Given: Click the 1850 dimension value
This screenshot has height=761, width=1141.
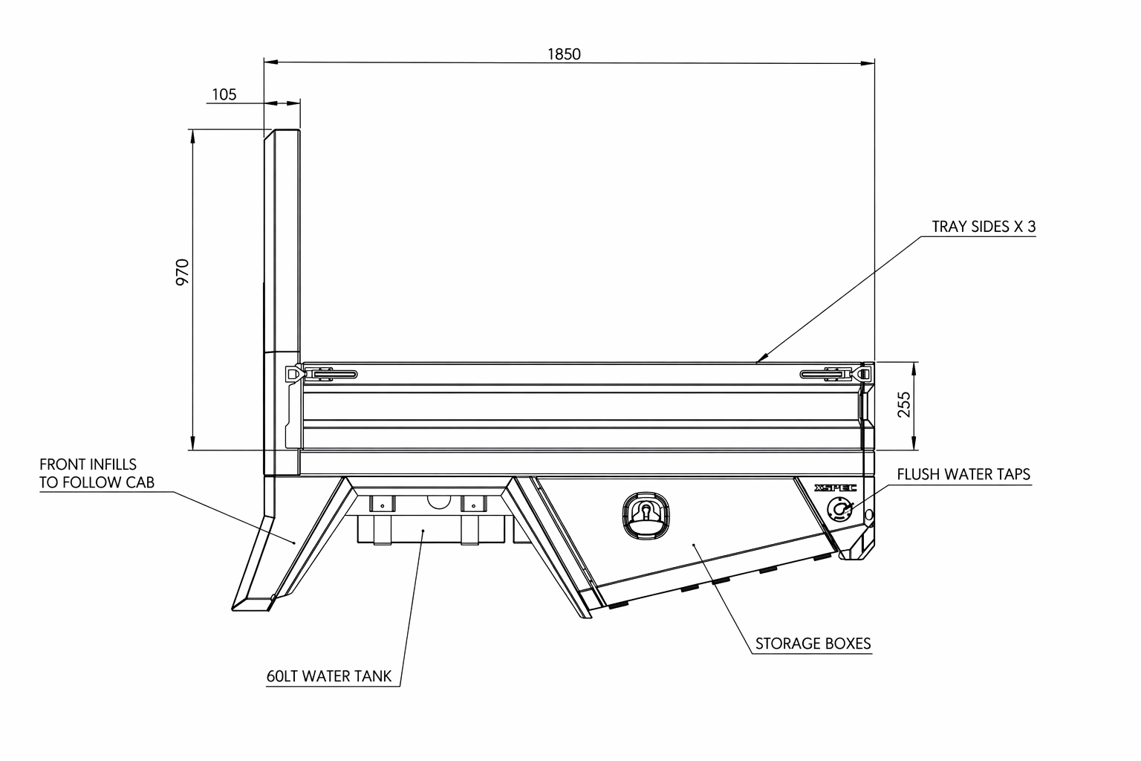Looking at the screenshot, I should [x=564, y=54].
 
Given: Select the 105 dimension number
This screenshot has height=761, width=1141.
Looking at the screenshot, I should [x=224, y=94].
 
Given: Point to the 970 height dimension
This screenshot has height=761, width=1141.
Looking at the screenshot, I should [x=183, y=272].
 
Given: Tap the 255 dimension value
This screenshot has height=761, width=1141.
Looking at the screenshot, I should [x=904, y=405].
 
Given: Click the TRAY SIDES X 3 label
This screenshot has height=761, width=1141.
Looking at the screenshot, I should [x=983, y=227].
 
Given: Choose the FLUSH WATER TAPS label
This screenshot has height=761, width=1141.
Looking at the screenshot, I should [x=963, y=474].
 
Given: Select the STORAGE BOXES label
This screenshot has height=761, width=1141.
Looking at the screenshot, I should [x=813, y=644].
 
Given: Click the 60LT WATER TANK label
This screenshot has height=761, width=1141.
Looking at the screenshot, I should [x=329, y=676].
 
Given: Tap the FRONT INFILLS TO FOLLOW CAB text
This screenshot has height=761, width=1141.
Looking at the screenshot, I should [x=97, y=473].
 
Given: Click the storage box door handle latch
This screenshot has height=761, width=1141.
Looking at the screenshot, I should [x=645, y=514].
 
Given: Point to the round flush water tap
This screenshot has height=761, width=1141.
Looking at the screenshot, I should [x=840, y=510].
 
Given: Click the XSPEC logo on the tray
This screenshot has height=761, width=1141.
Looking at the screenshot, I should [x=835, y=488].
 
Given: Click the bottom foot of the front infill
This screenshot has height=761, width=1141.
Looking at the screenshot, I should [x=253, y=603].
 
